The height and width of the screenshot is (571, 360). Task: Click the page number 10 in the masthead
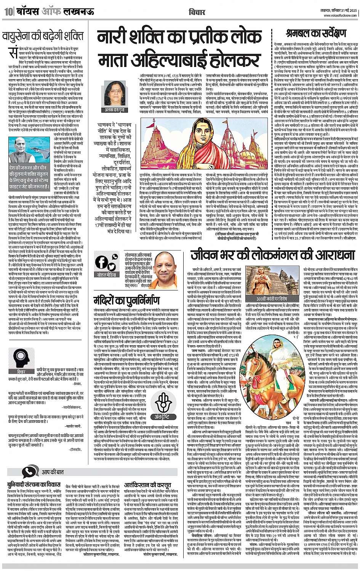pos(8,12)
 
